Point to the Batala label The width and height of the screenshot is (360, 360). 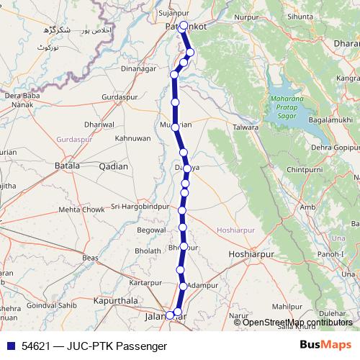[x=68, y=166]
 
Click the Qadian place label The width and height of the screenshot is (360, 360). [x=113, y=166]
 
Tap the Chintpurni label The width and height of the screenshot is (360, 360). [x=304, y=170]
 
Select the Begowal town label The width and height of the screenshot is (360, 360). [x=151, y=230]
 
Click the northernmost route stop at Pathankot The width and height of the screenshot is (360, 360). [x=184, y=26]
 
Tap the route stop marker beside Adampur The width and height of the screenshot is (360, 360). [x=183, y=287]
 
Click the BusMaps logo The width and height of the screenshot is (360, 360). [x=325, y=345]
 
